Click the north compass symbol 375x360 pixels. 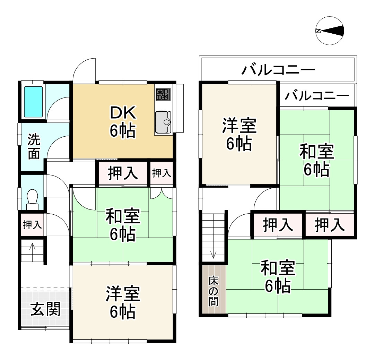click(x=330, y=31)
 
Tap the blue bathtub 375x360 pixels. click(x=33, y=102)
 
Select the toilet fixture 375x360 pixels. click(x=32, y=199)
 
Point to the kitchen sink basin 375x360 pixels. click(x=163, y=122)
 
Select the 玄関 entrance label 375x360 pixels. click(x=45, y=309)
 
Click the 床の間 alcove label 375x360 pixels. click(x=213, y=291)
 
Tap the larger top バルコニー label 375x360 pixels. click(x=278, y=70)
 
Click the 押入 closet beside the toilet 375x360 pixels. click(x=32, y=225)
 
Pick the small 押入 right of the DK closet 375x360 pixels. click(x=162, y=173)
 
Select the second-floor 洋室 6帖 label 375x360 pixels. click(x=239, y=135)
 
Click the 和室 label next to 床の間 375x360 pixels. click(x=278, y=276)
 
